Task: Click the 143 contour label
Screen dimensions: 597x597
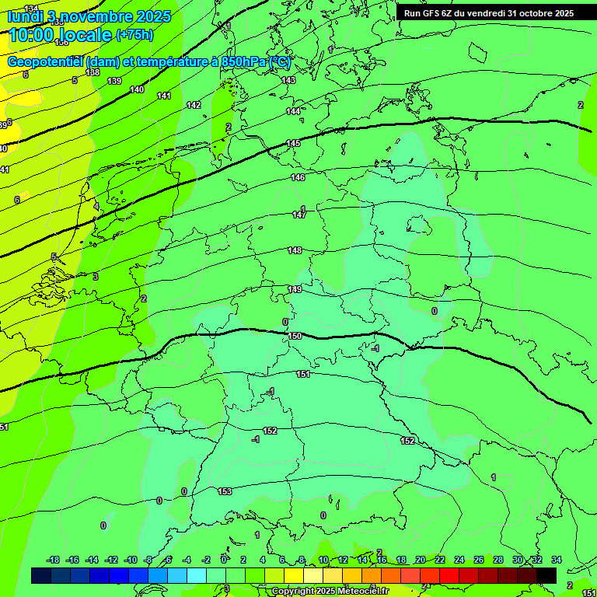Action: tap(288, 80)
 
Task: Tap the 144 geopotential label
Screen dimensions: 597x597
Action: tap(293, 111)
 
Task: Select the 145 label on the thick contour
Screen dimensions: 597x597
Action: tap(293, 143)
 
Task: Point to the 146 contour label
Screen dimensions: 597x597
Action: tap(298, 177)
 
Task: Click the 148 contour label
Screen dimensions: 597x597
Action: tap(295, 250)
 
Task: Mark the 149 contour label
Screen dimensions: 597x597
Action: tap(295, 289)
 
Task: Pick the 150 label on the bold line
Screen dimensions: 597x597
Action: tap(295, 336)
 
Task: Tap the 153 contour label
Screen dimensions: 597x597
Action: tap(225, 491)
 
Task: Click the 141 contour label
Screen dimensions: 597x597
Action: tap(164, 96)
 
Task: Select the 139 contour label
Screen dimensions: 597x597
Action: tap(114, 81)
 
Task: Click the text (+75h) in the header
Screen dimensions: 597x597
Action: tap(134, 35)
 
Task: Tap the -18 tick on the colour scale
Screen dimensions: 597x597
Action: tap(53, 560)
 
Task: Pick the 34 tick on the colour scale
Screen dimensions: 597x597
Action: tap(557, 560)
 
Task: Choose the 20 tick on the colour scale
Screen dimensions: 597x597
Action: tap(421, 560)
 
